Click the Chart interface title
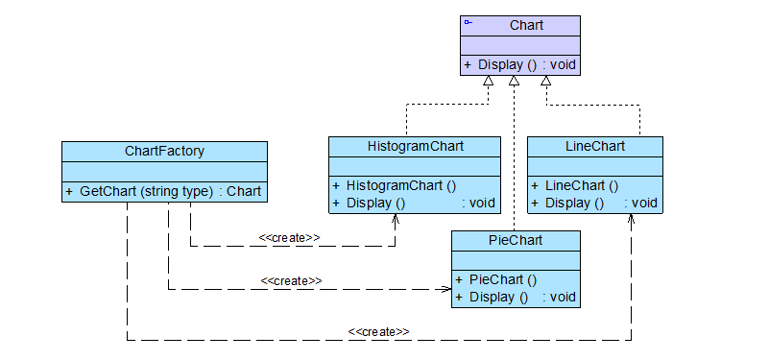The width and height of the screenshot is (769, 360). click(x=526, y=25)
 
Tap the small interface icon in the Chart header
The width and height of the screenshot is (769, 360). click(x=468, y=21)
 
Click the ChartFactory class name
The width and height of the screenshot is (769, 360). click(x=164, y=151)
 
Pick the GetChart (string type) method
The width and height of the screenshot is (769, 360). click(x=163, y=191)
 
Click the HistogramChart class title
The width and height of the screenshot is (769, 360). click(x=415, y=146)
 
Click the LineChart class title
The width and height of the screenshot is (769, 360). click(x=595, y=146)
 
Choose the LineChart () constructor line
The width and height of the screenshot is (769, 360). click(x=580, y=185)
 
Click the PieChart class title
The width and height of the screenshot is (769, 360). click(x=517, y=240)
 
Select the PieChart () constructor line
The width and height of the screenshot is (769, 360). click(x=501, y=279)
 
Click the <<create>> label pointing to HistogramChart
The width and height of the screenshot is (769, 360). click(x=289, y=237)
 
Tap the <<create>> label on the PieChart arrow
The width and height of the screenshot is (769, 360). click(x=290, y=280)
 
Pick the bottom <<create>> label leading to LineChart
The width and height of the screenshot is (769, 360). click(x=378, y=331)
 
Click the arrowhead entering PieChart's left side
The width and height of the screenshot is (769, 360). click(x=446, y=288)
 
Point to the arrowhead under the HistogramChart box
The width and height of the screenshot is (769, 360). click(x=395, y=217)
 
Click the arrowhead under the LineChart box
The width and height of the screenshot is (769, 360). click(x=631, y=218)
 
